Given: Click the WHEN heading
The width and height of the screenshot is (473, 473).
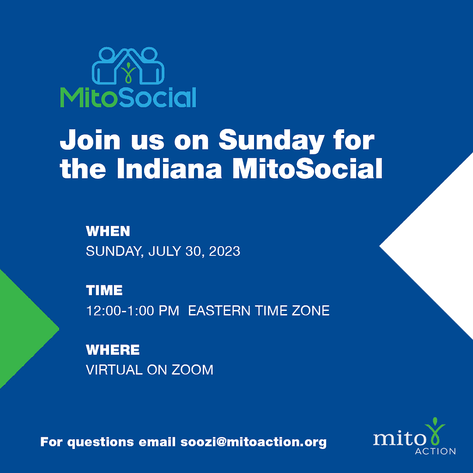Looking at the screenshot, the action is coord(108,231).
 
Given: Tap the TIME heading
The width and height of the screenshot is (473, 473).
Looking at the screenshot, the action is coord(104,290).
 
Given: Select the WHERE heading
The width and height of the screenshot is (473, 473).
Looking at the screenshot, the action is coord(113,350).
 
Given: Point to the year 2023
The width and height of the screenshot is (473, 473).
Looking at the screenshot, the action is coord(224,251).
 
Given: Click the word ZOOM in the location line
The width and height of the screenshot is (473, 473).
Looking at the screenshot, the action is coord(193,370).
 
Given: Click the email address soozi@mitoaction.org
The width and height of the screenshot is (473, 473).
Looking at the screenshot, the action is coord(254,442).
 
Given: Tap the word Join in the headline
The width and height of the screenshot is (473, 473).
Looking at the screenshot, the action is coord(90,139).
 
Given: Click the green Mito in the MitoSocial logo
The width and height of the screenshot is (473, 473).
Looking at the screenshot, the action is coord(88,97).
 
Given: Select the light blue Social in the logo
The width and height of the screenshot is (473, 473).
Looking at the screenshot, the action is coord(157,97).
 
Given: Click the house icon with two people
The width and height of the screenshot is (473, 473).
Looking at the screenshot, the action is coord(128,66).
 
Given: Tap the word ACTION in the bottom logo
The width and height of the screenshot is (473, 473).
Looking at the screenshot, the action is coord(435,451).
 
